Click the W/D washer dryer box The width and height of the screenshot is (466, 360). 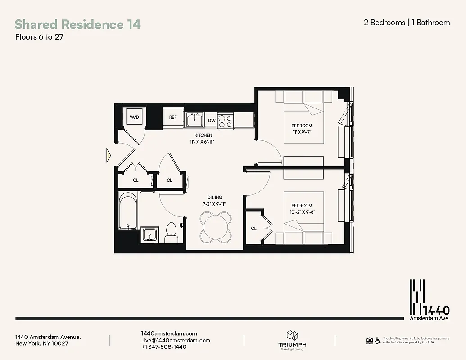135,117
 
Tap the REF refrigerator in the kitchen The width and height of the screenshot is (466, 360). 173,117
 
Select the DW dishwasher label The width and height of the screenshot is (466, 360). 212,121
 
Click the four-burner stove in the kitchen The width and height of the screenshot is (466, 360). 226,120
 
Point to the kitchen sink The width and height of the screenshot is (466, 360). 195,120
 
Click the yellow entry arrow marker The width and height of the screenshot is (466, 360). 108,155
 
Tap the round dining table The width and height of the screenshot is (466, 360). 216,226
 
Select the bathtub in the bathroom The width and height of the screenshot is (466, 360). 128,210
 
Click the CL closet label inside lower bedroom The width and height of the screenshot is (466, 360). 253,229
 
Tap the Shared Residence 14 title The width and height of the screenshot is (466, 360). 77,24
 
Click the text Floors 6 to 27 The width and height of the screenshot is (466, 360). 39,37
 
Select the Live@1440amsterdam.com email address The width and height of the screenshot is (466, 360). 176,340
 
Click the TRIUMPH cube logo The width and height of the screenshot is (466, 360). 291,336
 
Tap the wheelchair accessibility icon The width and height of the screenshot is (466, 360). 377,340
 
